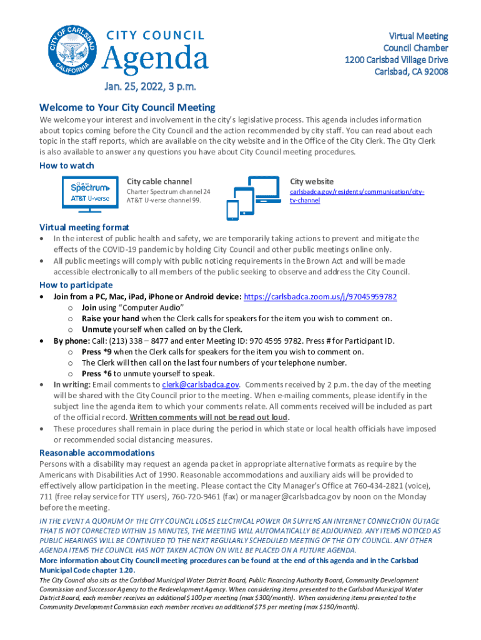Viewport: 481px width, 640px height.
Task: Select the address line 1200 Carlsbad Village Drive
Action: (396, 60)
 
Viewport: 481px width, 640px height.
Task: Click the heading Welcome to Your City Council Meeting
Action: (127, 107)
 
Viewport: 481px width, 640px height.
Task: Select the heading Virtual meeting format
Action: (84, 227)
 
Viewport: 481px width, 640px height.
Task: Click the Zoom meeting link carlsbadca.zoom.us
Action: (320, 297)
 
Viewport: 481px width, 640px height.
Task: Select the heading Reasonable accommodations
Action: (97, 452)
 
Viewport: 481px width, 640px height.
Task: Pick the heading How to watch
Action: (67, 166)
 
